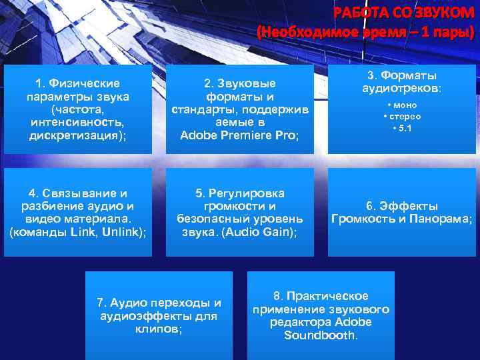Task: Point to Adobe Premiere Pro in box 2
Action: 238,135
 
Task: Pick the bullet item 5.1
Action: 402,128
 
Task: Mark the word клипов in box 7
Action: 159,329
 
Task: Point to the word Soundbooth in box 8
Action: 320,335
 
